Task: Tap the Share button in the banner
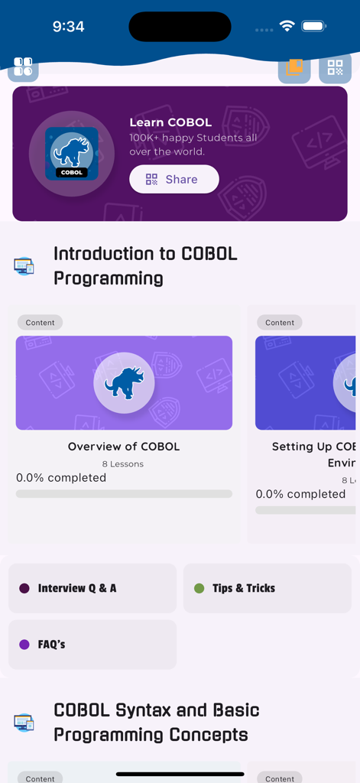point(174,180)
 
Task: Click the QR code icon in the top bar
point(335,68)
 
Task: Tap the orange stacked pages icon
point(294,68)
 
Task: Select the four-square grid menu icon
point(23,67)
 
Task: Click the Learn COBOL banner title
point(170,122)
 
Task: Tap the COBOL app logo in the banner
point(72,154)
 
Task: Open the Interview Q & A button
point(92,588)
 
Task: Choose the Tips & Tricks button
point(267,588)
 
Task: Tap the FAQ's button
point(92,645)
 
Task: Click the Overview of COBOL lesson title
point(124,447)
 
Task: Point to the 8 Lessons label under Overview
point(123,464)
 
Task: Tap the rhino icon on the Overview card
point(124,382)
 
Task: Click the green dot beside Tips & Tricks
point(199,588)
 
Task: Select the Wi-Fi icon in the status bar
point(287,26)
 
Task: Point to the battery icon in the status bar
point(314,26)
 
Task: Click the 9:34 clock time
point(68,27)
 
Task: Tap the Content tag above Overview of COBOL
point(40,323)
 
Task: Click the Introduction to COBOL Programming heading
point(145,265)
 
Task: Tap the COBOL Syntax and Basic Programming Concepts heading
point(156,723)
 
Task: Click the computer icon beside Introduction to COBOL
point(24,266)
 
